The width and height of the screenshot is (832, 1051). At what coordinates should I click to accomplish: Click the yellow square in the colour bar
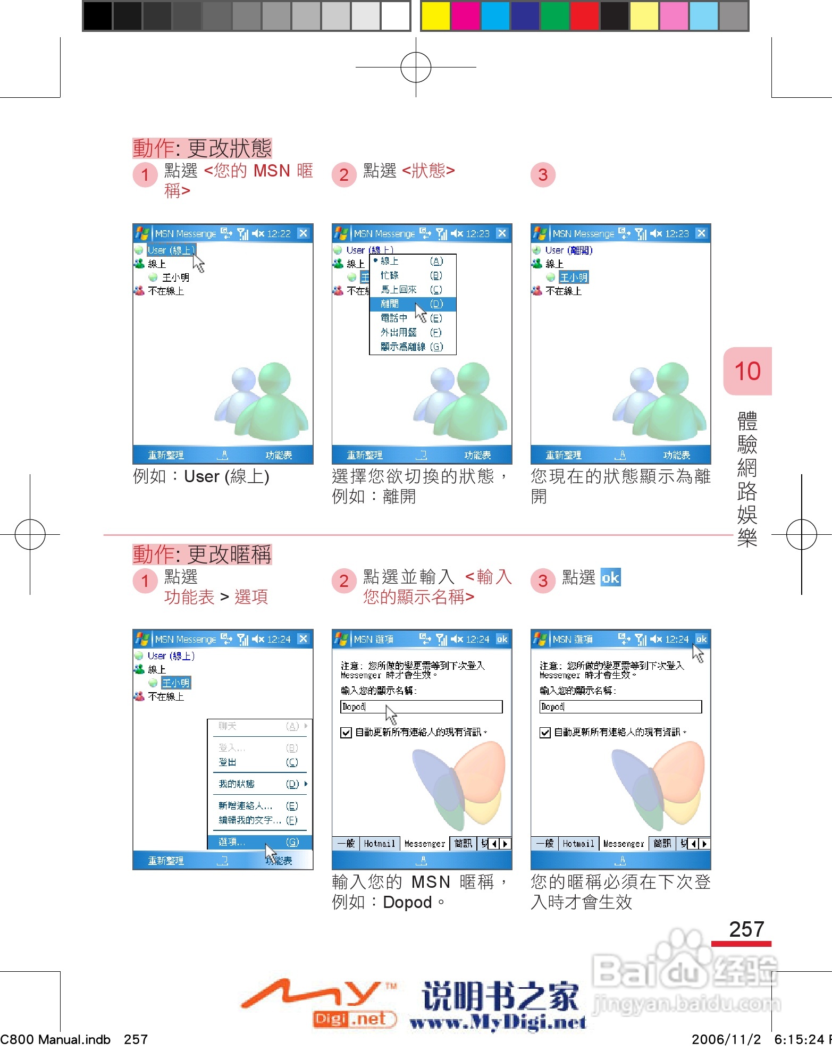click(435, 16)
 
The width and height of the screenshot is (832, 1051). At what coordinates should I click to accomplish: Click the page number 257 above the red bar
click(746, 929)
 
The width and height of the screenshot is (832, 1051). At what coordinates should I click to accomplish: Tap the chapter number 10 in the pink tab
click(747, 371)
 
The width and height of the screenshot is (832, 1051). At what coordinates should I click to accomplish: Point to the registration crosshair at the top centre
click(416, 68)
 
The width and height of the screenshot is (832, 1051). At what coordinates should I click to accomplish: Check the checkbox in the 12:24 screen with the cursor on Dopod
click(346, 733)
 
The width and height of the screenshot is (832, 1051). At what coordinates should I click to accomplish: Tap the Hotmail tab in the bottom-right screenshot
click(578, 844)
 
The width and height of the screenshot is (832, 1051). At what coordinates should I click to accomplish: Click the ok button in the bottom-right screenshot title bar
click(701, 639)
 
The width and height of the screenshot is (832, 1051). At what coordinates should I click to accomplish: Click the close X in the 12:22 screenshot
click(303, 233)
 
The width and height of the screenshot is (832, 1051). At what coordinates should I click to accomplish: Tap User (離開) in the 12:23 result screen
click(569, 250)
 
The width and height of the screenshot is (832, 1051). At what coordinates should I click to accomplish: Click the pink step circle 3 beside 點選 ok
click(543, 581)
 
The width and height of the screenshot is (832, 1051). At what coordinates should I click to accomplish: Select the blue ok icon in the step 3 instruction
click(610, 577)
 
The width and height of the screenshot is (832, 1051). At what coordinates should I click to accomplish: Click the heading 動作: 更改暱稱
click(202, 554)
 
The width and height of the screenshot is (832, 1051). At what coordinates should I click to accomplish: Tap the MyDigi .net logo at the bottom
click(319, 1002)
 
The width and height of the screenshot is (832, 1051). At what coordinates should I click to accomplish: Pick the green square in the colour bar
click(554, 16)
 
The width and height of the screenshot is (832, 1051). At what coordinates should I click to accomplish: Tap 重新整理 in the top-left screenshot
click(166, 456)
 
